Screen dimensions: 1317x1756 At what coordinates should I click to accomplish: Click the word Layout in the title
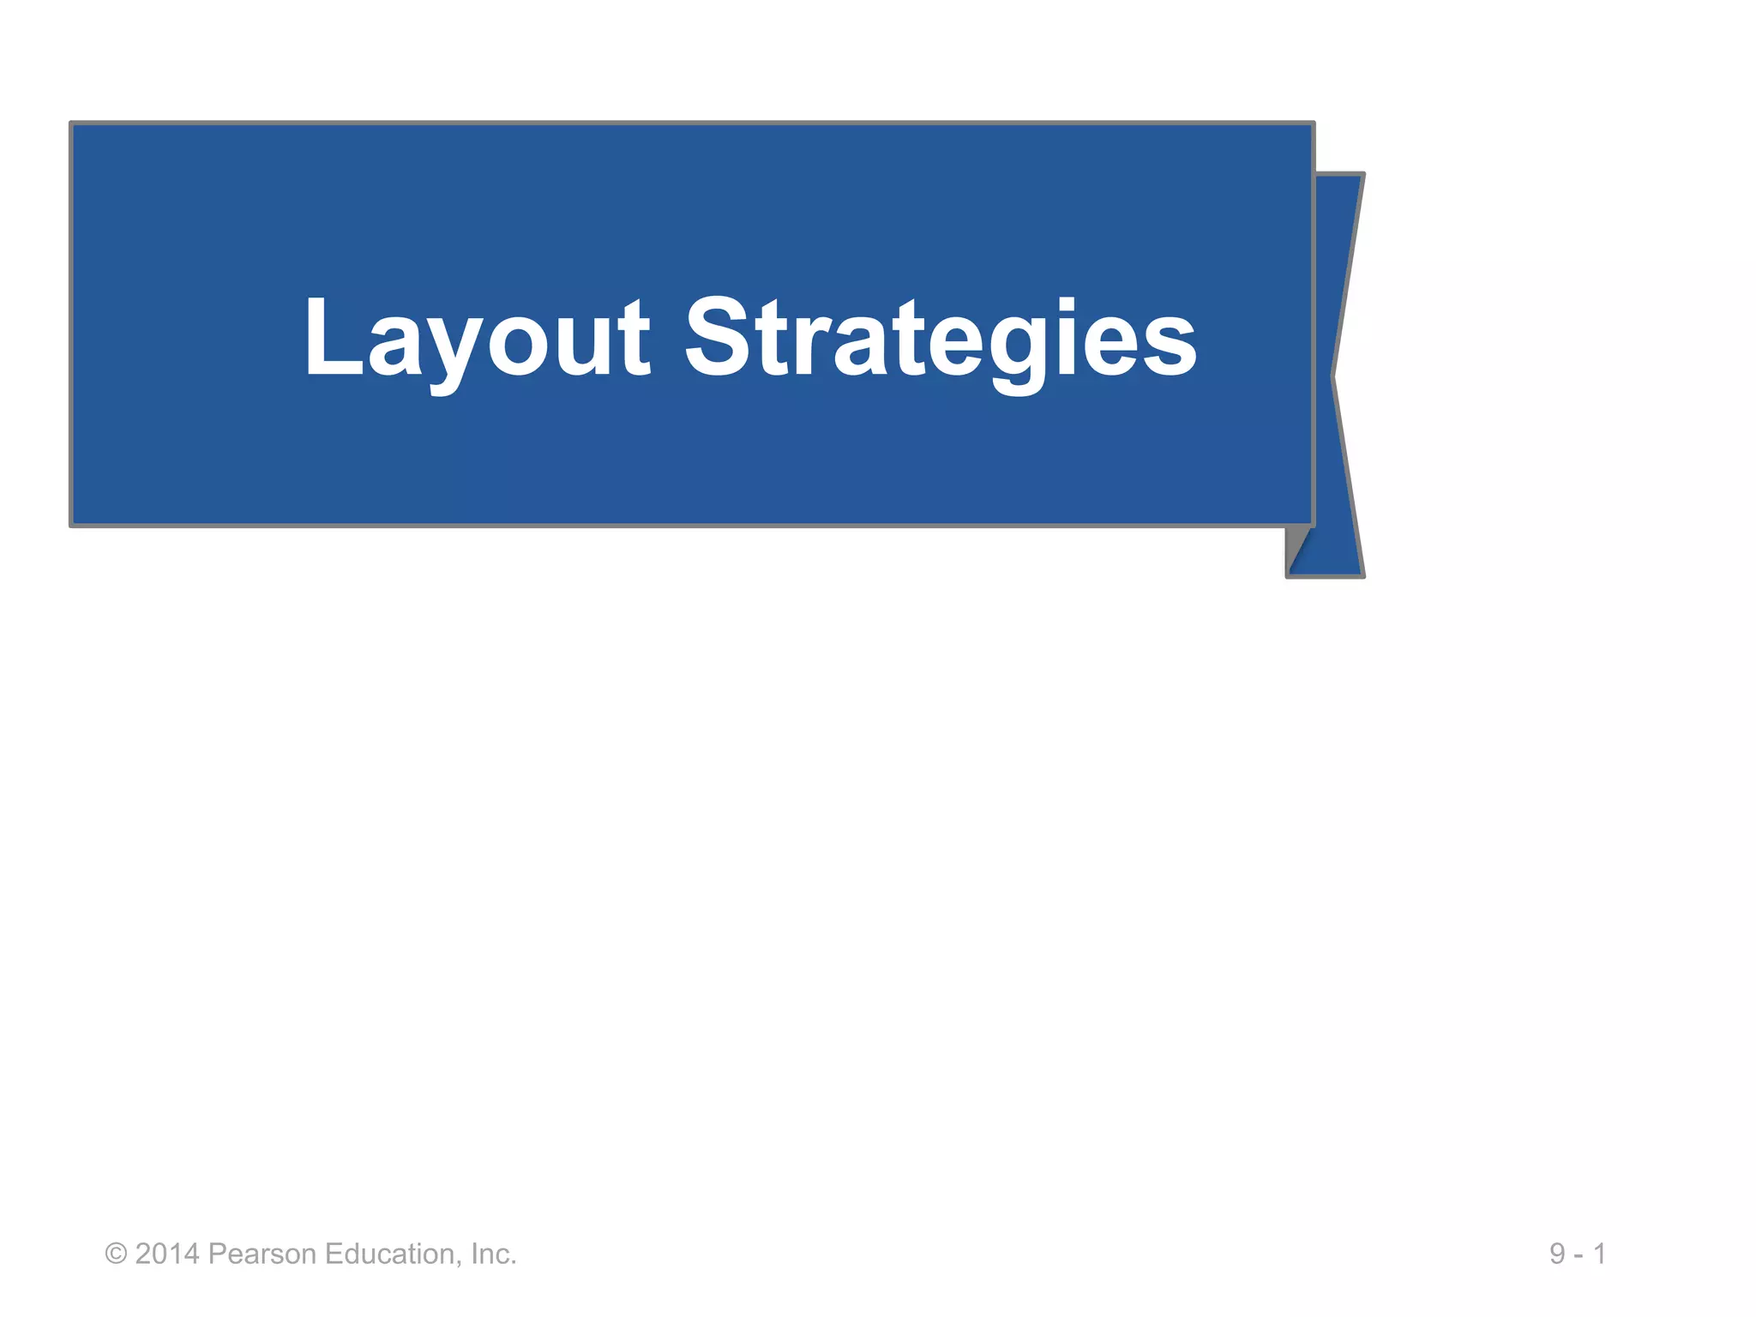(477, 339)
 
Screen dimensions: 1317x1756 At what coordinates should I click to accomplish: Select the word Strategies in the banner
(940, 339)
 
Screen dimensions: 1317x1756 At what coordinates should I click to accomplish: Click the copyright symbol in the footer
(116, 1254)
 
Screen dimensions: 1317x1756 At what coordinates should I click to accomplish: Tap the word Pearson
(262, 1254)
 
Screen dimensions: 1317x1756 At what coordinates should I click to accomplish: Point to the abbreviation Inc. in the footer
(493, 1254)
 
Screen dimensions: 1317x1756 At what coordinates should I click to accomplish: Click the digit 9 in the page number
(1557, 1254)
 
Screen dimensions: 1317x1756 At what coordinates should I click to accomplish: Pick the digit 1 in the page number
(1599, 1254)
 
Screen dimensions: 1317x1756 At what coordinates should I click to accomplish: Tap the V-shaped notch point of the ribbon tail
(1333, 376)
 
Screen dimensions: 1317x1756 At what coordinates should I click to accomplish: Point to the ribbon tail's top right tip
(1362, 176)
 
